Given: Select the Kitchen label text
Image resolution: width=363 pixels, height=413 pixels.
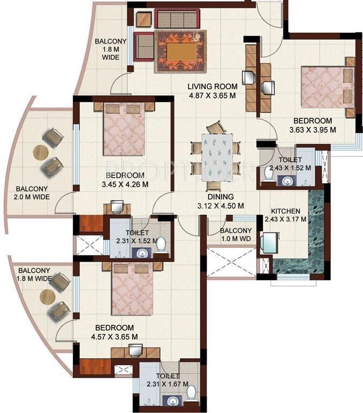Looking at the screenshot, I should [x=286, y=211].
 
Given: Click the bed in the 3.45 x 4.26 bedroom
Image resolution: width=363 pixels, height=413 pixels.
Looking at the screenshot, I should [x=124, y=129].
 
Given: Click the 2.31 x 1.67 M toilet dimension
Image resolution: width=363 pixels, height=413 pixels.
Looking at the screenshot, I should [x=167, y=384].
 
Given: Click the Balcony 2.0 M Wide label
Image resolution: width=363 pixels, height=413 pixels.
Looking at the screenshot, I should [x=31, y=193].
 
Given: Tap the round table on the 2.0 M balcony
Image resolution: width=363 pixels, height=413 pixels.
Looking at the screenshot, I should [x=41, y=153].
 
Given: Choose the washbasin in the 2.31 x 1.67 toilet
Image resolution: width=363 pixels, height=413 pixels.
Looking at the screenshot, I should [x=172, y=401].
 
